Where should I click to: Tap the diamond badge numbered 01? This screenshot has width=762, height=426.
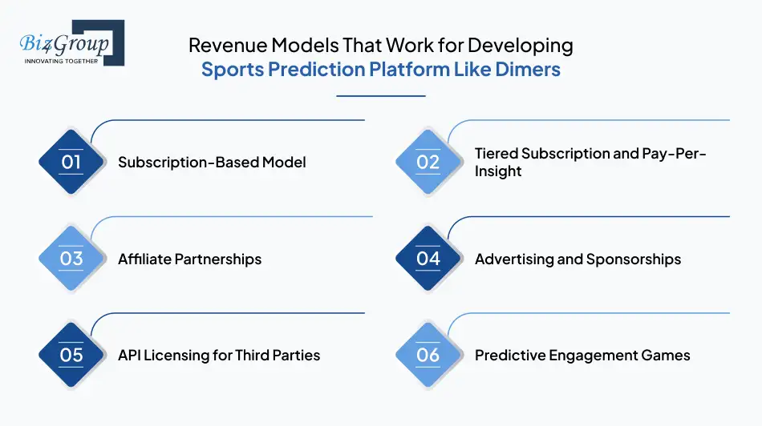tap(71, 163)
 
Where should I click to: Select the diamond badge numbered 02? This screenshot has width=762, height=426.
tap(428, 163)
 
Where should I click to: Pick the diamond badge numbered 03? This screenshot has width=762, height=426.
tap(71, 259)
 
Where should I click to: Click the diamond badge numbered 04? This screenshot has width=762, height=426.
tap(428, 259)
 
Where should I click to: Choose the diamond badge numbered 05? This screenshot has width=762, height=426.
tap(71, 355)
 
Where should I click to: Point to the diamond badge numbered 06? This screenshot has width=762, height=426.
tap(428, 355)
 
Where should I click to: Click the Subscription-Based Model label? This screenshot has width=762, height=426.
tap(212, 163)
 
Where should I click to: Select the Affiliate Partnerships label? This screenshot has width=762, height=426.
tap(189, 259)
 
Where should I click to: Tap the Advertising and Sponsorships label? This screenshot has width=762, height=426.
tap(578, 259)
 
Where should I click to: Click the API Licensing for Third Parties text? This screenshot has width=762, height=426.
tap(219, 355)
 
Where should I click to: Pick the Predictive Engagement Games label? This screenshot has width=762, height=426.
tap(582, 355)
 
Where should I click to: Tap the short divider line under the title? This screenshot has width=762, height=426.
tap(380, 96)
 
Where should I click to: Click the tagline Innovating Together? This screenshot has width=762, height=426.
tap(61, 61)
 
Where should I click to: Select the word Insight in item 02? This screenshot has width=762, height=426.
tap(498, 171)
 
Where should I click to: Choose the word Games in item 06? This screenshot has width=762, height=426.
tap(667, 355)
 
